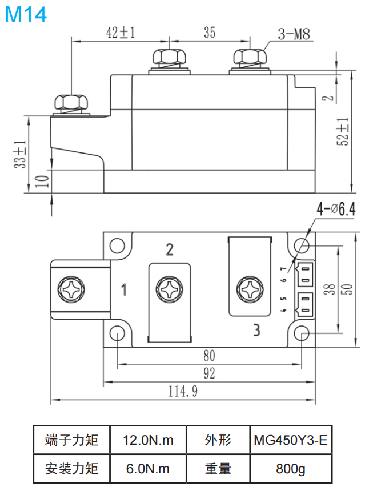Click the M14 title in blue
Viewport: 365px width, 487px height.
click(26, 15)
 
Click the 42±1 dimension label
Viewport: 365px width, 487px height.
click(120, 33)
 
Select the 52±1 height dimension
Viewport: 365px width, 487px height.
click(342, 132)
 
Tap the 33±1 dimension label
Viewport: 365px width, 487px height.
click(21, 154)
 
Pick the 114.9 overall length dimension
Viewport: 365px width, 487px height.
click(183, 391)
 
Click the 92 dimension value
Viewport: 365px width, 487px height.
click(209, 374)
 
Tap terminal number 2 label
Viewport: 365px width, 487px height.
click(169, 249)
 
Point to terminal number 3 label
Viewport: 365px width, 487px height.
click(256, 330)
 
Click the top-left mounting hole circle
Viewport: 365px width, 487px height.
click(117, 245)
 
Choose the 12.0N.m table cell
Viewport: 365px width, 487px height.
click(148, 440)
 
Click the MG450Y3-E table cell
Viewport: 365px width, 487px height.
click(291, 440)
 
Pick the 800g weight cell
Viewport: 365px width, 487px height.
click(291, 469)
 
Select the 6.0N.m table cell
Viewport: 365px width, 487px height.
click(148, 469)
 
